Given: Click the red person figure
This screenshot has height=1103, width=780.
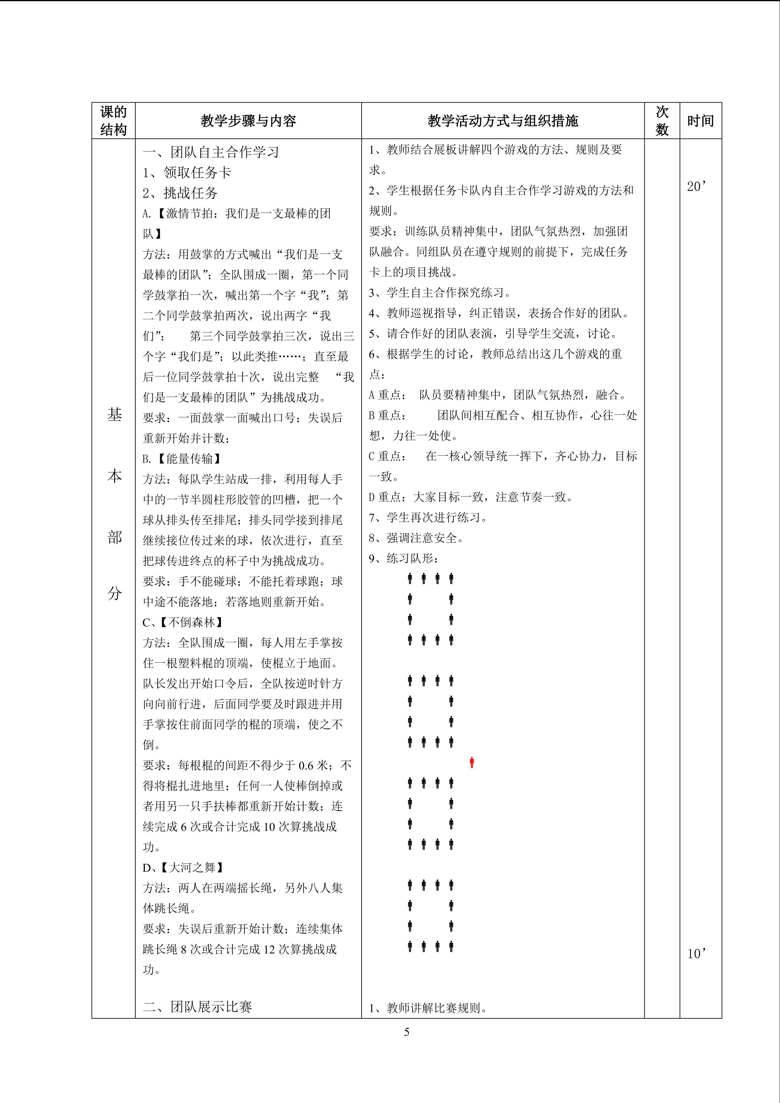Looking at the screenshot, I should (472, 762).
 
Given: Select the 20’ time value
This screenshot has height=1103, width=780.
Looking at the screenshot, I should (696, 187).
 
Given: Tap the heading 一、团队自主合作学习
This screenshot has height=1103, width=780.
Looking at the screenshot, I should (211, 152).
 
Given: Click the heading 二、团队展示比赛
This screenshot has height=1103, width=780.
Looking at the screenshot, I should (198, 1007).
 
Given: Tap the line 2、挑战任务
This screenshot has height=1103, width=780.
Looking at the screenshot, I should (180, 193).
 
